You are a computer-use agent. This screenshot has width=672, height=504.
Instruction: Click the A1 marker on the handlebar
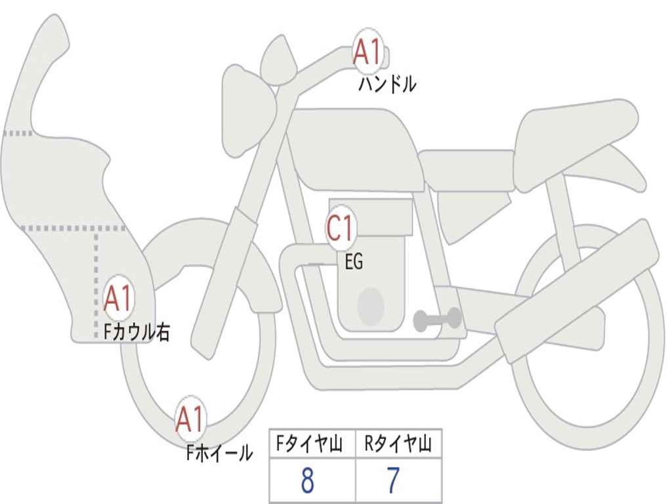click(368, 52)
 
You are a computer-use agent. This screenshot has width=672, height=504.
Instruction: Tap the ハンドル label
click(387, 85)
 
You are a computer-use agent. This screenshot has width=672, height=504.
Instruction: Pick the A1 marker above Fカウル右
click(119, 299)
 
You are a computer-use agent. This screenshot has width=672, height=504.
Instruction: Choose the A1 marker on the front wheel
click(190, 419)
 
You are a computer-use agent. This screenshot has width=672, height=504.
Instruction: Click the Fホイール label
click(219, 452)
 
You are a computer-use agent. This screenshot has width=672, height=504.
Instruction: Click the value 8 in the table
click(307, 481)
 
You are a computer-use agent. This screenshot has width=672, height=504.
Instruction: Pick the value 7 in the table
click(393, 481)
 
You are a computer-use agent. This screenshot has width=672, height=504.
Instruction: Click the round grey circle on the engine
click(371, 306)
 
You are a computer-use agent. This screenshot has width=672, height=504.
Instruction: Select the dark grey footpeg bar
click(437, 320)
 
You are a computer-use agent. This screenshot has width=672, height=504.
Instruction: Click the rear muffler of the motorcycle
click(577, 289)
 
